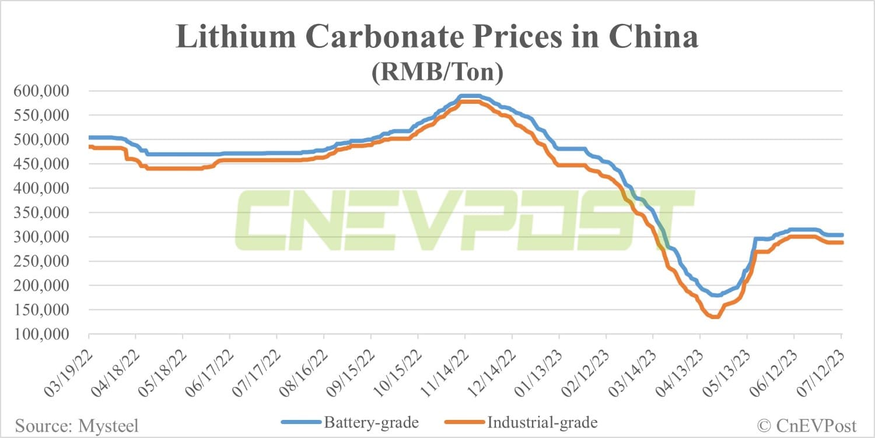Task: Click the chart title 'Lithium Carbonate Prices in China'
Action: [x=437, y=38]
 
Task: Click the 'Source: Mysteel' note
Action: [x=76, y=426]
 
